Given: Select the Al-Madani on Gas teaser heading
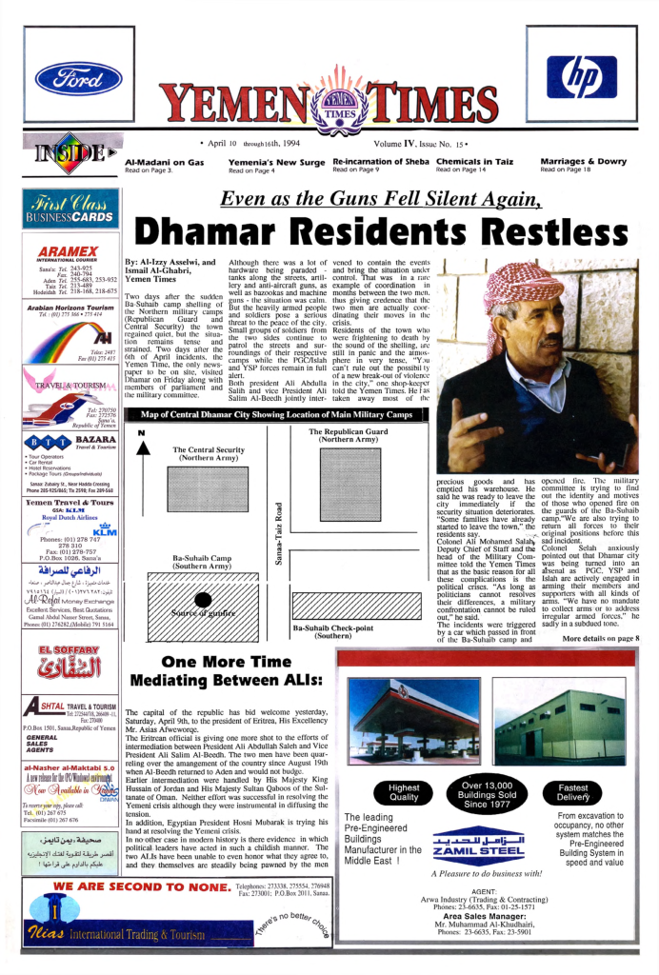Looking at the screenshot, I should click(x=165, y=162).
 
